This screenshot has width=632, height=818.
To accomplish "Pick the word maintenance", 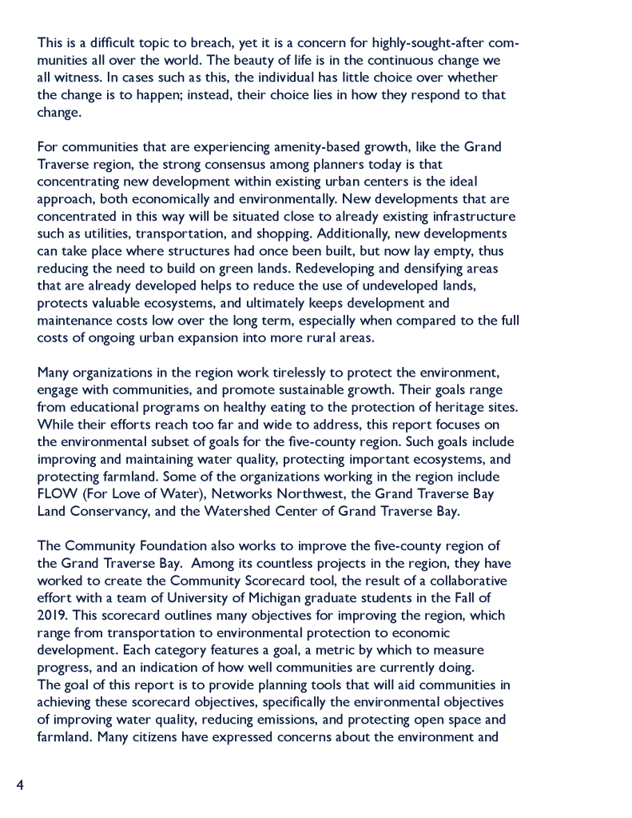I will pyautogui.click(x=74, y=321).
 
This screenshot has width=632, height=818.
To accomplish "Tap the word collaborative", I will pyautogui.click(x=466, y=581).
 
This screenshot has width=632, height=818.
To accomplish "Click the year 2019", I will pyautogui.click(x=52, y=615).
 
